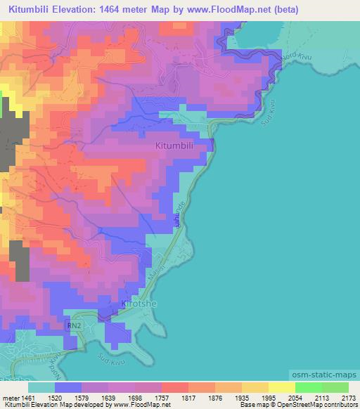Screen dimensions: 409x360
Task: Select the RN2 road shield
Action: click(75, 326)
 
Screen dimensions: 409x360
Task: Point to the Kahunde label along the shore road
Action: click(181, 217)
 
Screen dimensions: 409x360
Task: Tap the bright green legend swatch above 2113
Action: click(309, 387)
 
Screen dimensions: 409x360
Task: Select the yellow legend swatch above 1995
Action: click(282, 387)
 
